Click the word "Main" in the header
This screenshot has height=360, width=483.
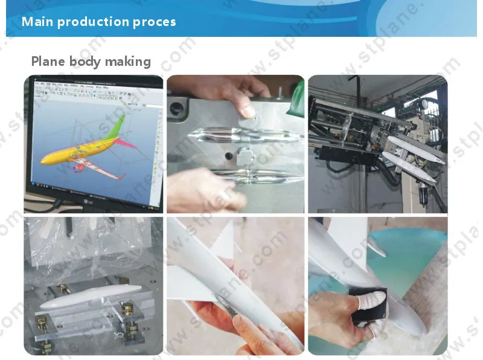[x=37, y=22]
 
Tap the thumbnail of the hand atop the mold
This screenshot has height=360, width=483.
[x=247, y=111]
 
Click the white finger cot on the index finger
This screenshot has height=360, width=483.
[x=369, y=295]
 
